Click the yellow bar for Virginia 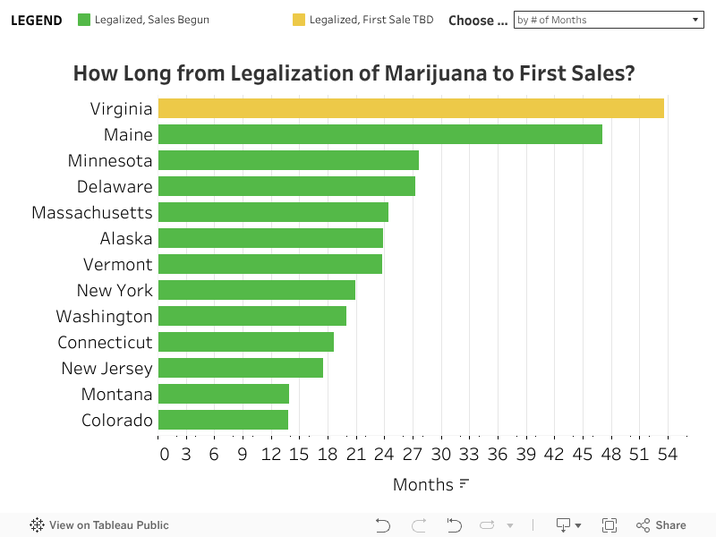point(411,108)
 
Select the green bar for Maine point(380,134)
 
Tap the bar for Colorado point(224,420)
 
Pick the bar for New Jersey point(241,368)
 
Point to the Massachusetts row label point(92,212)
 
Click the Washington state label point(104,316)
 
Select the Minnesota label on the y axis point(110,160)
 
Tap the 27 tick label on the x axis point(413,454)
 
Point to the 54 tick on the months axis point(667,454)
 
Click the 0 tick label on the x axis point(164,454)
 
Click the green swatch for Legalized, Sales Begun point(85,20)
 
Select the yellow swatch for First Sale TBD point(299,20)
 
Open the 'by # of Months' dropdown point(609,20)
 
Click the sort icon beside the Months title point(464,484)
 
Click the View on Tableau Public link point(99,525)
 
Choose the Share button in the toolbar point(661,525)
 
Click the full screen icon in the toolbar point(609,525)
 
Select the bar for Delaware point(286,186)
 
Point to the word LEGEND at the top point(37,20)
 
